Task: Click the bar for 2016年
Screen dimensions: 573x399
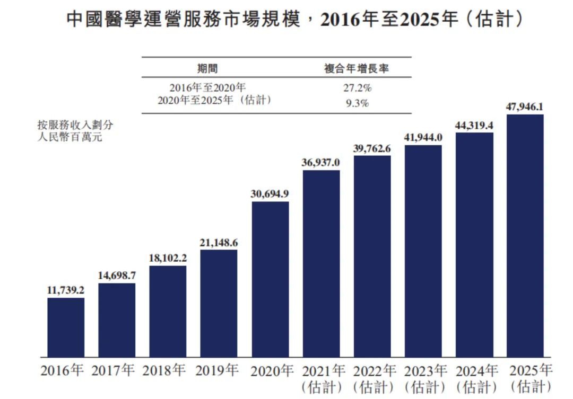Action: (x=66, y=327)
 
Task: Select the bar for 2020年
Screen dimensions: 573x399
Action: (x=271, y=279)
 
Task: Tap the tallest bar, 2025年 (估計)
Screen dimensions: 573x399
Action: (x=525, y=236)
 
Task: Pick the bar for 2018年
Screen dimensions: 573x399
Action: (x=168, y=312)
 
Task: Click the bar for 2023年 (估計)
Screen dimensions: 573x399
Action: (x=423, y=251)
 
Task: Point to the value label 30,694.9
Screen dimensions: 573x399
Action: (x=270, y=194)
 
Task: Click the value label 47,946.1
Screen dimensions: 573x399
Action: (x=524, y=107)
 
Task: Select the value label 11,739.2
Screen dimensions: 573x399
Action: (x=66, y=290)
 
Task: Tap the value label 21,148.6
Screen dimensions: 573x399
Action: (x=219, y=243)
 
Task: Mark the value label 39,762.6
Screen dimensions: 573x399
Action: (x=371, y=148)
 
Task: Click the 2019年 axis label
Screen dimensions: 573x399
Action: (x=216, y=370)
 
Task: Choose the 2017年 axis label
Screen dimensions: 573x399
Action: (x=113, y=370)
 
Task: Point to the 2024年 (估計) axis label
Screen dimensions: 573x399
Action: (x=476, y=378)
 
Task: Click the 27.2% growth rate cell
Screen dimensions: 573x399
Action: (x=357, y=88)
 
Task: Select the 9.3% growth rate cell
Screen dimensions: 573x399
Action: (x=357, y=103)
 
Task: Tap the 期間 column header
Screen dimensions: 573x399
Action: (x=207, y=68)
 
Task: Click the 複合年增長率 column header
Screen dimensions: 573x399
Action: (x=357, y=68)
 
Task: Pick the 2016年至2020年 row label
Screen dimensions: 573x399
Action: (x=207, y=87)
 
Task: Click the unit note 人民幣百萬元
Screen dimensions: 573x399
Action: (x=70, y=137)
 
